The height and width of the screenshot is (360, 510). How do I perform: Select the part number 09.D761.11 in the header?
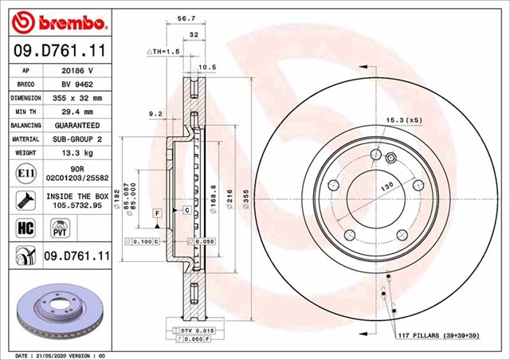(x=57, y=51)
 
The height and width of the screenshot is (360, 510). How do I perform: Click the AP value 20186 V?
(x=76, y=70)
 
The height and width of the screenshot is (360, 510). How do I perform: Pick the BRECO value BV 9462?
(x=76, y=84)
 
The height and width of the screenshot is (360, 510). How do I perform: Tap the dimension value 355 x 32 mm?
(x=76, y=98)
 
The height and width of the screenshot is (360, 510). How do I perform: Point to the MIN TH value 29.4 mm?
(x=76, y=112)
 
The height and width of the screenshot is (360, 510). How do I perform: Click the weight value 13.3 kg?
(x=76, y=153)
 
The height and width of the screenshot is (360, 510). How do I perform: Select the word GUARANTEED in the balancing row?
(x=76, y=126)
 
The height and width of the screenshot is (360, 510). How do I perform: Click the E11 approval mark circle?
(x=22, y=171)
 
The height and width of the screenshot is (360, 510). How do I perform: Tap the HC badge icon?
(x=22, y=229)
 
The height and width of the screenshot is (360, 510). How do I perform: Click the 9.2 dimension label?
(x=155, y=114)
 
